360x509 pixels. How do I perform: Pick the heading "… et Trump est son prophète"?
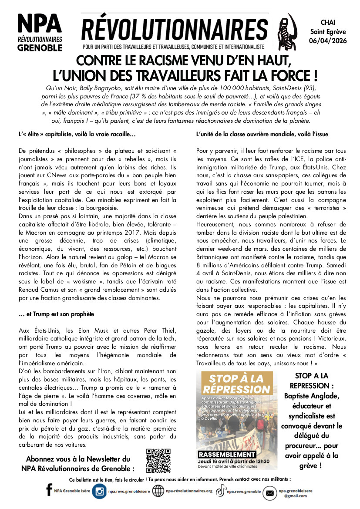pyautogui.click(x=57, y=314)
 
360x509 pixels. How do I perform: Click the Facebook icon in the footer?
pyautogui.click(x=49, y=491)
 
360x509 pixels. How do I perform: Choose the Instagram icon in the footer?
pyautogui.click(x=100, y=491)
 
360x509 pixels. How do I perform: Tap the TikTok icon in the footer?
pyautogui.click(x=221, y=491)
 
